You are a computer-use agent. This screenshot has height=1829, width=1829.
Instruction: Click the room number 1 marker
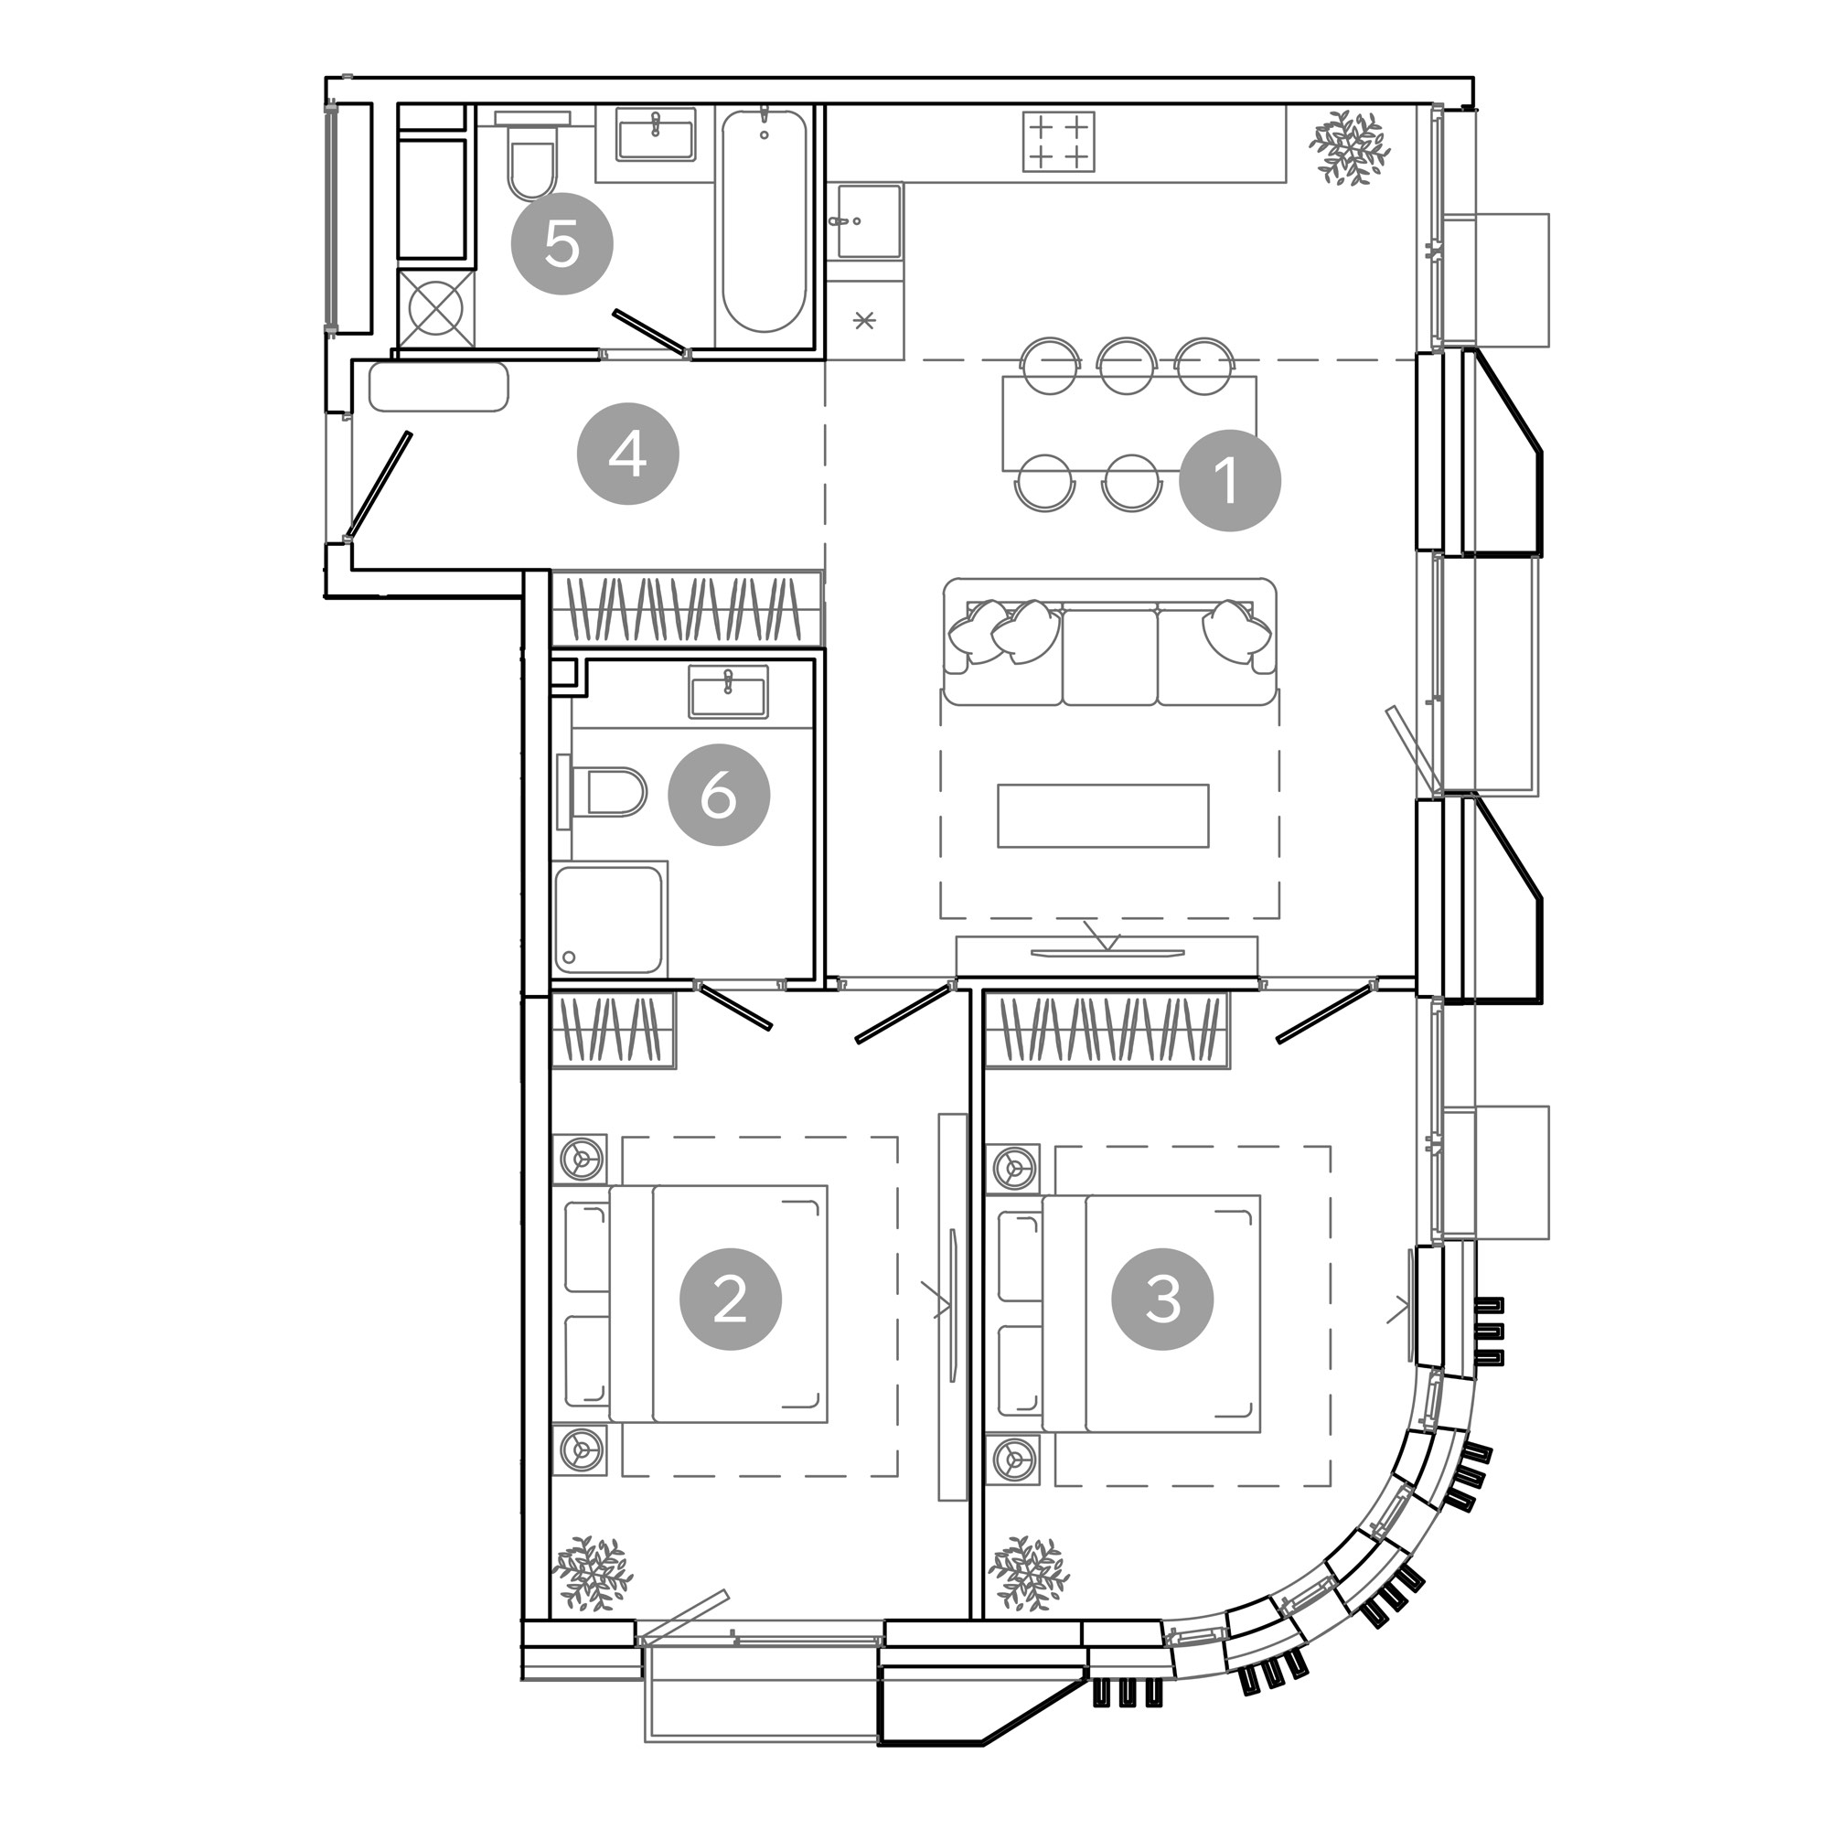(x=1230, y=480)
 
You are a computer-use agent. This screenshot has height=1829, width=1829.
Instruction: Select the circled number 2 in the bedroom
(x=731, y=1299)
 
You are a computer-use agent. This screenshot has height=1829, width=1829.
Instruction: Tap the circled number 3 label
(x=1163, y=1299)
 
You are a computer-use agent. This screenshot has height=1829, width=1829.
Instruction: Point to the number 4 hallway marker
(x=628, y=455)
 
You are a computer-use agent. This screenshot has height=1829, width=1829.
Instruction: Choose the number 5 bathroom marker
(x=562, y=244)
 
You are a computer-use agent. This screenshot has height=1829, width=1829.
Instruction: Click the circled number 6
(x=720, y=796)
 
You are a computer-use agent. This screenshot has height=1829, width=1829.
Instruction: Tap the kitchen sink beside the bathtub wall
(x=868, y=221)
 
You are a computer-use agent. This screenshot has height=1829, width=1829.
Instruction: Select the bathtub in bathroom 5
(x=765, y=221)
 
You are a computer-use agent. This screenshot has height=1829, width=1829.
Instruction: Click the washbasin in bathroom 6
(x=729, y=692)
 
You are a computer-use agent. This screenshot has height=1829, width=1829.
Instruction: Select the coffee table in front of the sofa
(x=1103, y=815)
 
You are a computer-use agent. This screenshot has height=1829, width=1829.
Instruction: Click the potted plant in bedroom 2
(x=593, y=1572)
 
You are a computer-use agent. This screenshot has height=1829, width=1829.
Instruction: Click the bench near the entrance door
(x=438, y=387)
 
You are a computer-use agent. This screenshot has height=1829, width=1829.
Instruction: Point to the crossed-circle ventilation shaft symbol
(x=434, y=310)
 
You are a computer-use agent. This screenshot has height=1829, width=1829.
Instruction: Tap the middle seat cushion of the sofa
(x=1109, y=657)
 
